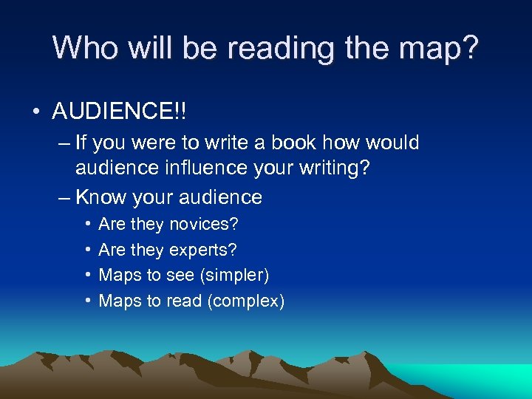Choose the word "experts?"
[x=203, y=250]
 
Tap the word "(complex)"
[x=246, y=301]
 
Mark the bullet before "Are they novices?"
[x=88, y=224]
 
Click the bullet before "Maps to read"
[x=88, y=301]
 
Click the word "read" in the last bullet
[x=183, y=301]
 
